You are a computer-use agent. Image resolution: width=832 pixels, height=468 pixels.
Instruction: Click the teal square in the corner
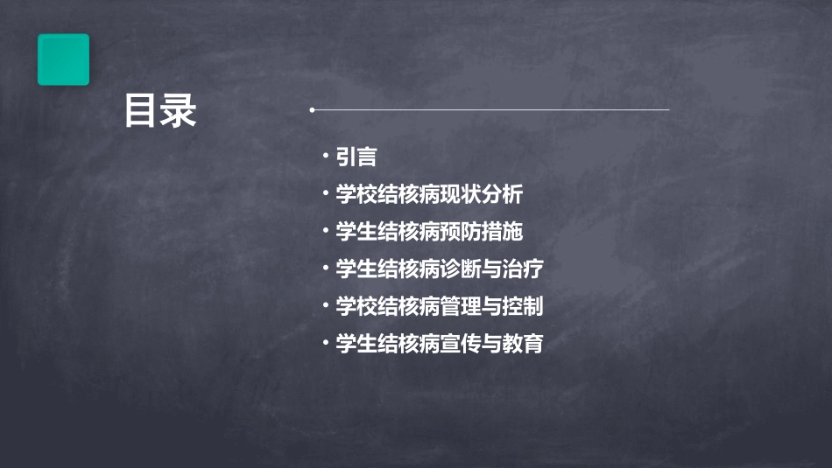[63, 59]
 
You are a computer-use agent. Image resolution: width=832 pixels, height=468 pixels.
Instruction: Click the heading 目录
[160, 111]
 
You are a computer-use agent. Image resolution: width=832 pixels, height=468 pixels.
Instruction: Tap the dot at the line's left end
[312, 110]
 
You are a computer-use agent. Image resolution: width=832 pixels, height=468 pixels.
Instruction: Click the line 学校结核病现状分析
[429, 194]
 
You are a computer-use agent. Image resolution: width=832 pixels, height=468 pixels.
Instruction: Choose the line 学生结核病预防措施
[429, 232]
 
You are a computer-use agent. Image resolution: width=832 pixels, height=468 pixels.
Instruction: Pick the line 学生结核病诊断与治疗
[440, 269]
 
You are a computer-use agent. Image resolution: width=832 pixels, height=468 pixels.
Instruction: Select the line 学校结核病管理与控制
[440, 307]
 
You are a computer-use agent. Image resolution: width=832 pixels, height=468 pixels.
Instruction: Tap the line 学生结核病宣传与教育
[440, 344]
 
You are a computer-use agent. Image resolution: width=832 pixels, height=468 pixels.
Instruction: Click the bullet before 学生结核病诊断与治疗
[325, 268]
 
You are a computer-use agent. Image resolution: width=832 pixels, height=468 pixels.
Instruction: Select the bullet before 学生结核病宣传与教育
[325, 342]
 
